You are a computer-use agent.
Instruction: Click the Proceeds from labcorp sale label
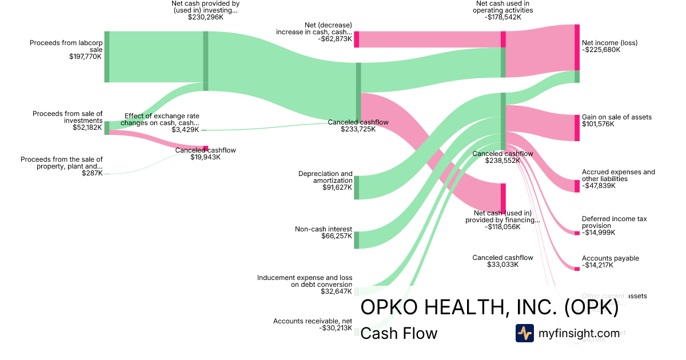pos(66,46)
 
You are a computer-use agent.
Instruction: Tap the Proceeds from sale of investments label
pos(67,117)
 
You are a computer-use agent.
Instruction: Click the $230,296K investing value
pos(205,18)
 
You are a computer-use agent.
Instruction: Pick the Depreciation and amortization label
pos(325,177)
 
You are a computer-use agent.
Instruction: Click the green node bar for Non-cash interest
pos(356,240)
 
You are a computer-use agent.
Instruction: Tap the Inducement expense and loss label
pos(305,281)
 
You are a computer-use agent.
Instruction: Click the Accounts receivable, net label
pos(313,321)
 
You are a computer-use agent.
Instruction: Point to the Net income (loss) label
pos(609,43)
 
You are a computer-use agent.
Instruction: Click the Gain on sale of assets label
pos(617,117)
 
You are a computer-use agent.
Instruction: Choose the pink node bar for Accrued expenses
pos(577,186)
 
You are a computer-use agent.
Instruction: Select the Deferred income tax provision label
pos(615,222)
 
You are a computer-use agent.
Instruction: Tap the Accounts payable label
pos(611,258)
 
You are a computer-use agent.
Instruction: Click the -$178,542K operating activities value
pos(503,18)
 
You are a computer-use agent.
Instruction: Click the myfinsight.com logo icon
pos(525,333)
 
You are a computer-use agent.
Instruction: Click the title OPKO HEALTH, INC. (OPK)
pos(489,308)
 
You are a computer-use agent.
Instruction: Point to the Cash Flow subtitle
pos(399,333)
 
